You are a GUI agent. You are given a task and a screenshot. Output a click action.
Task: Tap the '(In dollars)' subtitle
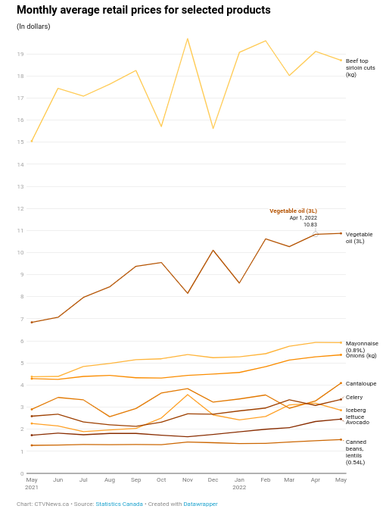33,27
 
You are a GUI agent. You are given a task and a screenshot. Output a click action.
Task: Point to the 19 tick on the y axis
20,55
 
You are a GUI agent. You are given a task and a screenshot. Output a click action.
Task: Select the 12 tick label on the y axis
20,208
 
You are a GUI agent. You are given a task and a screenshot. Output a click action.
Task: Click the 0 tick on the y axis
22,473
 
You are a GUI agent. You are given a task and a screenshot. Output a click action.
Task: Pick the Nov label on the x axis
188,479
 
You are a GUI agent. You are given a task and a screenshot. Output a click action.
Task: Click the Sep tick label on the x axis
135,479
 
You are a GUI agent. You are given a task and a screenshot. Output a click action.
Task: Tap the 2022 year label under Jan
239,487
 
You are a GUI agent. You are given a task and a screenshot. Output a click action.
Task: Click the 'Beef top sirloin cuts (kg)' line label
360,67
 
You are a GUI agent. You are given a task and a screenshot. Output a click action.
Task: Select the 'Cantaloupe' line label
361,384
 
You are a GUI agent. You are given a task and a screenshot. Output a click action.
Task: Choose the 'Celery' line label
354,398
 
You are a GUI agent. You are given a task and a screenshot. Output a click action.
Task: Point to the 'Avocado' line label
357,422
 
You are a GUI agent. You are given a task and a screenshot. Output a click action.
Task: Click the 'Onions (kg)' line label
361,355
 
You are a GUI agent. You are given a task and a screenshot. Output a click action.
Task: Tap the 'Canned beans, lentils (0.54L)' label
356,452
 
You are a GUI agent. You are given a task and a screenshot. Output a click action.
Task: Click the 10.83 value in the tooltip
310,225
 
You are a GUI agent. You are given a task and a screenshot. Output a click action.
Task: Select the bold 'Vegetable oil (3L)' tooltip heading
293,211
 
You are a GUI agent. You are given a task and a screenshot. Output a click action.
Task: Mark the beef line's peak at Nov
188,39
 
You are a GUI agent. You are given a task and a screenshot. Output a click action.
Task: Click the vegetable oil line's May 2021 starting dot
32,323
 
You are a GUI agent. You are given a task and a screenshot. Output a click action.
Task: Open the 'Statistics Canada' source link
119,504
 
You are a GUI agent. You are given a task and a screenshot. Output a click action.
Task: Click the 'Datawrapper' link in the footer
201,504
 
